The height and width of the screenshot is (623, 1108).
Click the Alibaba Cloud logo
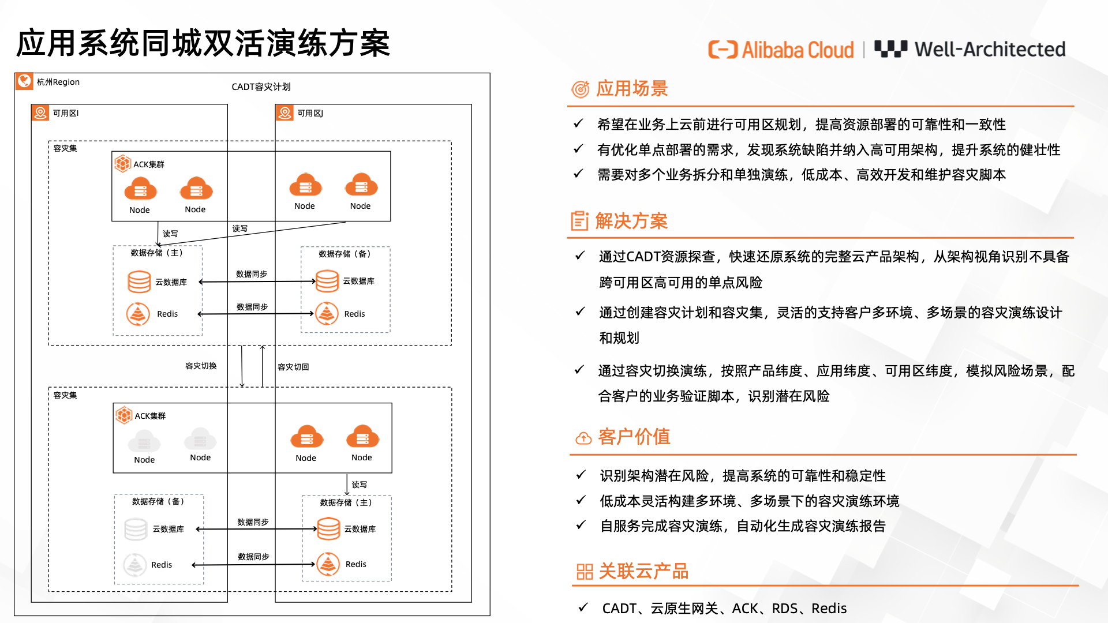pyautogui.click(x=781, y=50)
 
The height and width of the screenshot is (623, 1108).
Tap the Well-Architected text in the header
pyautogui.click(x=990, y=50)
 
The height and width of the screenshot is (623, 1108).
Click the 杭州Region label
pyautogui.click(x=58, y=82)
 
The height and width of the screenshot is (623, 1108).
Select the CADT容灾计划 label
pyautogui.click(x=261, y=87)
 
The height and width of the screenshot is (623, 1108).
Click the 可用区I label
pyautogui.click(x=66, y=113)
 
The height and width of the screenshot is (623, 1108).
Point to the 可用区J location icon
pyautogui.click(x=285, y=112)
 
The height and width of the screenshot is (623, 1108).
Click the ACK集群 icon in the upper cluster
pyautogui.click(x=122, y=164)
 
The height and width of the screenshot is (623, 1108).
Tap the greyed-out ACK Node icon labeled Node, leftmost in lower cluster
pyautogui.click(x=144, y=442)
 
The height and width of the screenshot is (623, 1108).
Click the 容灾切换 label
pyautogui.click(x=201, y=366)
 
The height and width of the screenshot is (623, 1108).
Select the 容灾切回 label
pyautogui.click(x=293, y=367)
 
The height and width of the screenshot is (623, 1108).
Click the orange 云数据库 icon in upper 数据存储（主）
pyautogui.click(x=139, y=282)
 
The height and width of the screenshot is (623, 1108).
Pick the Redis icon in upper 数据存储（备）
pyautogui.click(x=327, y=314)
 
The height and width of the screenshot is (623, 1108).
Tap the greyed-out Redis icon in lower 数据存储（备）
pyautogui.click(x=134, y=565)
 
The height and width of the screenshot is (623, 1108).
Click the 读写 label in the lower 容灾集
pyautogui.click(x=359, y=485)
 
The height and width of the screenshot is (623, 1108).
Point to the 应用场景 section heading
pyautogui.click(x=631, y=88)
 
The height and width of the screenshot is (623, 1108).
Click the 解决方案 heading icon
pyautogui.click(x=579, y=221)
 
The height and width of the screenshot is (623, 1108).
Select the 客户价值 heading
pyautogui.click(x=634, y=437)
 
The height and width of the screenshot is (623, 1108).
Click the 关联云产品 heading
pyautogui.click(x=643, y=571)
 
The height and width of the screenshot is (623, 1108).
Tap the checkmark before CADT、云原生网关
pyautogui.click(x=583, y=607)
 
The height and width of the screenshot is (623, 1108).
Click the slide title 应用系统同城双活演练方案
pyautogui.click(x=203, y=44)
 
